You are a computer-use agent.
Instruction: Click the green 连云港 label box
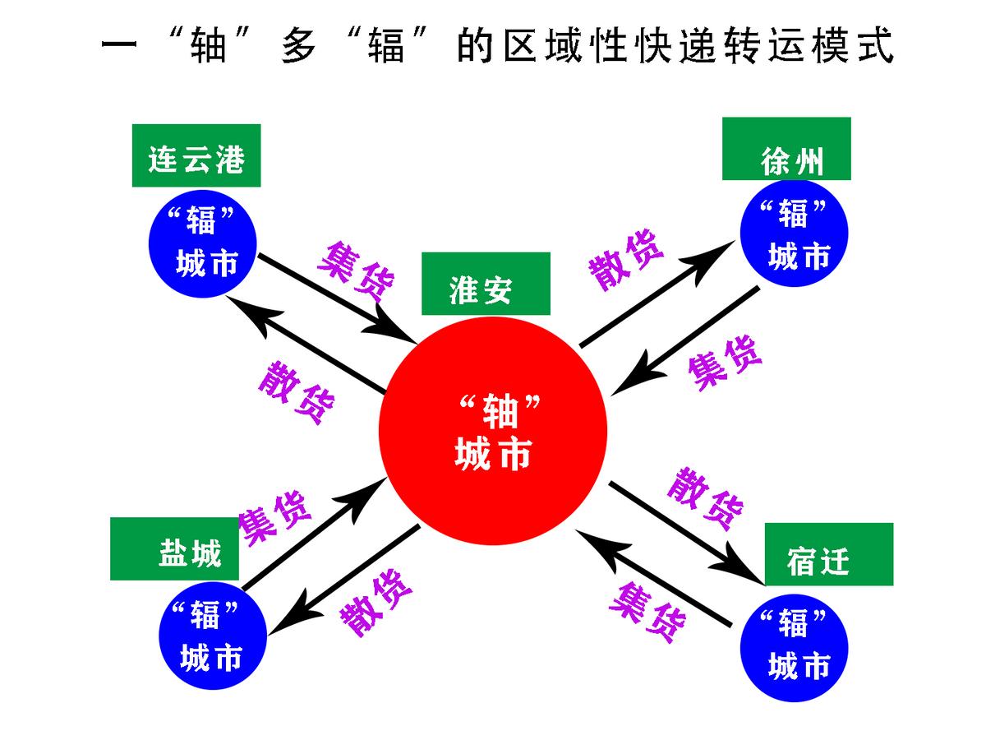pos(196,155)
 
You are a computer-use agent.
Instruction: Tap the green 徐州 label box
pos(786,149)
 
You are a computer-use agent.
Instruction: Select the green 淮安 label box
pos(486,284)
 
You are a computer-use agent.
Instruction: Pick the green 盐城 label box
pos(174,549)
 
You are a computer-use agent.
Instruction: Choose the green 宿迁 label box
pos(828,555)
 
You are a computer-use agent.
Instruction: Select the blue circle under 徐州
pos(794,234)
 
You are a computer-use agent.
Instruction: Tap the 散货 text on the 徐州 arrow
pos(626,261)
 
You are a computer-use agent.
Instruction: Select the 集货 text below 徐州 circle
pos(725,363)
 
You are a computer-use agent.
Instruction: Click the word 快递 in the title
pos(648,48)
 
